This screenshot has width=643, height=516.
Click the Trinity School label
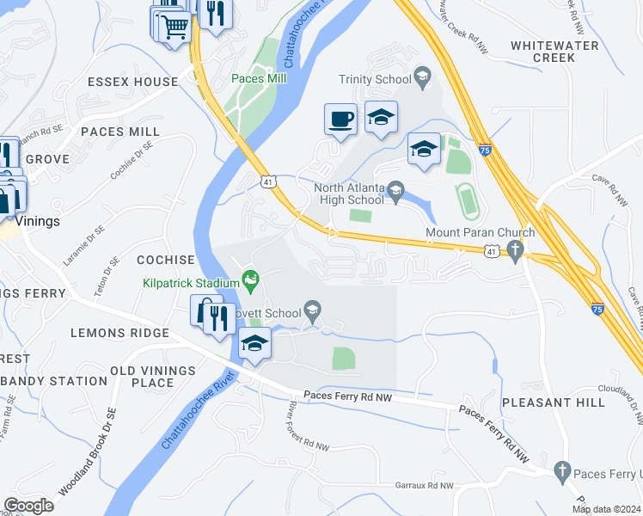pyautogui.click(x=374, y=79)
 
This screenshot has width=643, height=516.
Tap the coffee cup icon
pyautogui.click(x=341, y=118)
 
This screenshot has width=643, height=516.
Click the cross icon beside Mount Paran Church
pyautogui.click(x=515, y=250)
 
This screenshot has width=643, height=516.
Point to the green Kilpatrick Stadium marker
pyautogui.click(x=250, y=278)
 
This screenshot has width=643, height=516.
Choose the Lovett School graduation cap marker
pyautogui.click(x=313, y=310)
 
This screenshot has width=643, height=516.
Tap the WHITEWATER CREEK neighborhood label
pyautogui.click(x=542, y=51)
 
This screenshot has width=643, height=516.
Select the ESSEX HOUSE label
pyautogui.click(x=132, y=83)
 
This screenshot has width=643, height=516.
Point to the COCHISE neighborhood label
pyautogui.click(x=166, y=260)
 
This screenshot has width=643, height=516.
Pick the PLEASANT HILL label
pyautogui.click(x=548, y=402)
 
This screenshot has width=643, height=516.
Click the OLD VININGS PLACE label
pyautogui.click(x=142, y=376)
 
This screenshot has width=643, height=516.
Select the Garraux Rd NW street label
pyautogui.click(x=425, y=486)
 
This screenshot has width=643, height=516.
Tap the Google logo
pyautogui.click(x=29, y=505)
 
